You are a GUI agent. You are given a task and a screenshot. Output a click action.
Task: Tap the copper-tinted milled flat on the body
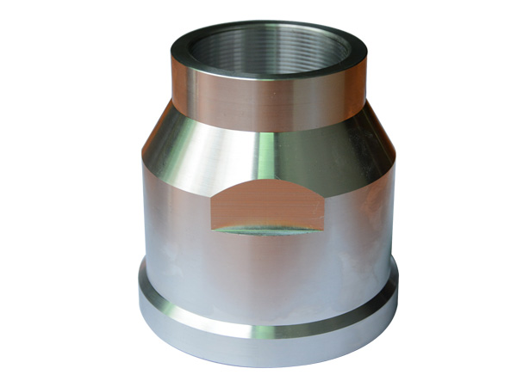[267, 206]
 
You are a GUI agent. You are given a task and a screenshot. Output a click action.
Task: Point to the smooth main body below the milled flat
[267, 275]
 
